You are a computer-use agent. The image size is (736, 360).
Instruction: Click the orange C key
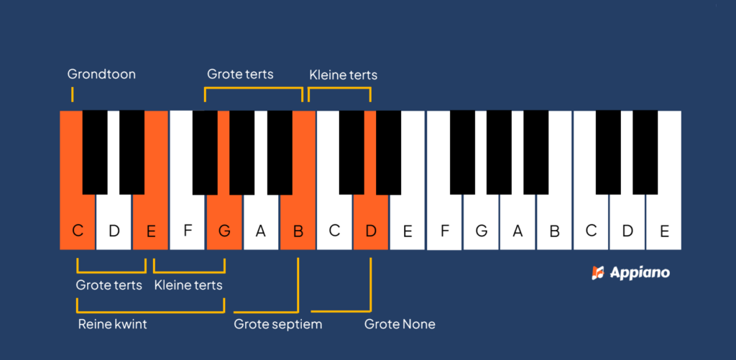[x=77, y=223]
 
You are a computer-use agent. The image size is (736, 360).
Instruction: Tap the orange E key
[x=150, y=223]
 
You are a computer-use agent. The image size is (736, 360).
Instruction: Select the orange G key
[x=224, y=223]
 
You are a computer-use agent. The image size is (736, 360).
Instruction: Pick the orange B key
[x=298, y=223]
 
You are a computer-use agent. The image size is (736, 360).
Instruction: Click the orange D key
[x=371, y=223]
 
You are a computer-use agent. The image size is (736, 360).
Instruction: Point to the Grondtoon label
[x=101, y=74]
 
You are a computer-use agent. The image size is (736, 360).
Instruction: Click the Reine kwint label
[x=112, y=324]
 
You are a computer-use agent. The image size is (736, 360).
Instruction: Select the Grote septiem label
[x=277, y=324]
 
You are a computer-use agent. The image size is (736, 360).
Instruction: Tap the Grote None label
[x=400, y=324]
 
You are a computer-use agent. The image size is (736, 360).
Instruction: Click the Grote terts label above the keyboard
[x=240, y=74]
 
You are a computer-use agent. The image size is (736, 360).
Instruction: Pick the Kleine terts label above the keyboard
[x=343, y=75]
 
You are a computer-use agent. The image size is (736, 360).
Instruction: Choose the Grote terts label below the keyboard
[x=109, y=285]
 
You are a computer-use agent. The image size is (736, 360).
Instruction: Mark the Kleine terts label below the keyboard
[x=188, y=285]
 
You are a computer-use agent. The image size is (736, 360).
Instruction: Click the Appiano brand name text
[x=640, y=273]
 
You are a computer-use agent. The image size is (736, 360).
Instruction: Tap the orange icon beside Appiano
[x=597, y=273]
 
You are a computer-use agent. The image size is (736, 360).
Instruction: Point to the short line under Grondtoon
[x=72, y=94]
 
